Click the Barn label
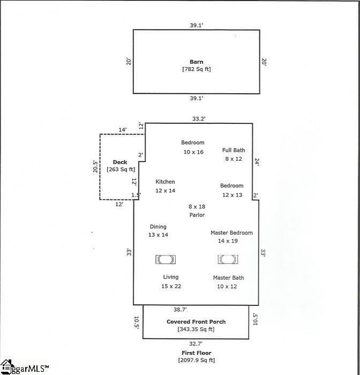197,62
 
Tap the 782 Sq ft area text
197,69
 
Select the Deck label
120,162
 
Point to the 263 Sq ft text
121,169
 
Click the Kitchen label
165,182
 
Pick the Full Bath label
234,150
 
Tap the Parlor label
197,215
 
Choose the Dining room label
158,227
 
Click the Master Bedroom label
231,232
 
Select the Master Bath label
228,277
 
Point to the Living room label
171,277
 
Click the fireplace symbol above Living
166,259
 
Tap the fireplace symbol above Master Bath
228,259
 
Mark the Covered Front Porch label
196,321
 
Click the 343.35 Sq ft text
196,329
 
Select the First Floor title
197,352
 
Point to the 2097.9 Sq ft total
197,360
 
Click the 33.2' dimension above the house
199,118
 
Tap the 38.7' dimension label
180,310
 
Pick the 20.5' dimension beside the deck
95,167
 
